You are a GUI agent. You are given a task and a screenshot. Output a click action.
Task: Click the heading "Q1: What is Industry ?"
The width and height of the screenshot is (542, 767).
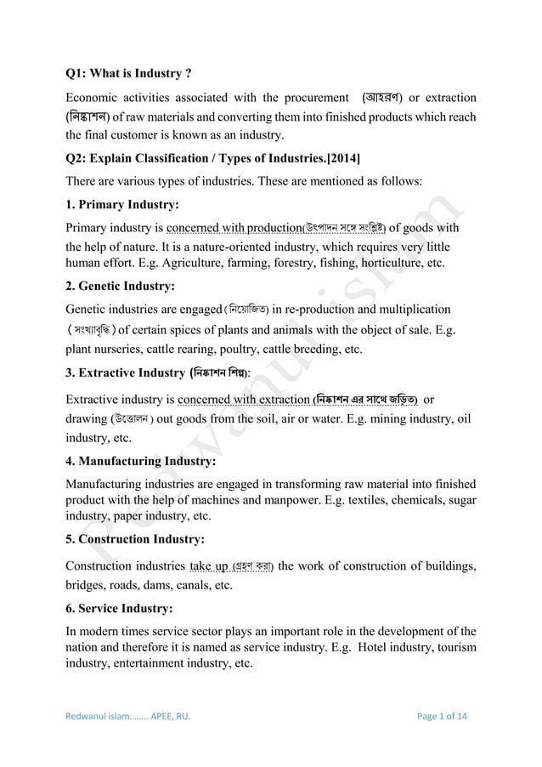click(135, 74)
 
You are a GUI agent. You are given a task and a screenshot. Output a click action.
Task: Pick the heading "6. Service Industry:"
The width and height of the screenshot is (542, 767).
click(120, 609)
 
